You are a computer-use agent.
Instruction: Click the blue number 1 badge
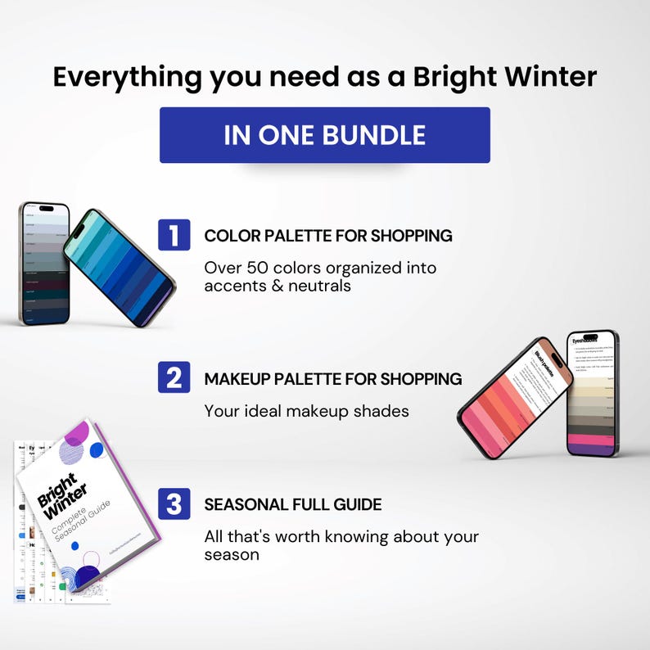pyautogui.click(x=174, y=235)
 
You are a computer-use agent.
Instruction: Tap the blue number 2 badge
pyautogui.click(x=174, y=377)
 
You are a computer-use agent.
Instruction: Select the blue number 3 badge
pyautogui.click(x=174, y=503)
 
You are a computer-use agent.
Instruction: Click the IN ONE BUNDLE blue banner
pyautogui.click(x=324, y=135)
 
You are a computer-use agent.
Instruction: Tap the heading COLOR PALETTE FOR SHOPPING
pyautogui.click(x=328, y=236)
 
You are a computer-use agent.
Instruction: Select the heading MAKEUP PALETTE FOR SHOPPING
pyautogui.click(x=333, y=379)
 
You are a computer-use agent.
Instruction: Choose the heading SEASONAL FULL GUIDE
pyautogui.click(x=292, y=504)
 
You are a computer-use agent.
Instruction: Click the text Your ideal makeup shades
pyautogui.click(x=306, y=411)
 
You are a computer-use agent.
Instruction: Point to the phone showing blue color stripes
pyautogui.click(x=120, y=267)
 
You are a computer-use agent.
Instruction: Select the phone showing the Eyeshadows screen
pyautogui.click(x=593, y=393)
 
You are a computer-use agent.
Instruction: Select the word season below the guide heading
pyautogui.click(x=232, y=554)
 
